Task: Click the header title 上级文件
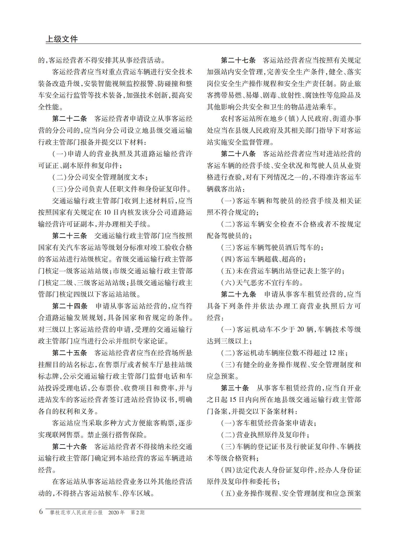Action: pos(62,39)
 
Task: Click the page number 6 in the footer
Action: pos(41,512)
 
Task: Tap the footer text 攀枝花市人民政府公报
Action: pos(76,512)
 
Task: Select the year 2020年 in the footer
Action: pos(116,512)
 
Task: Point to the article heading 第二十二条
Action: pos(69,119)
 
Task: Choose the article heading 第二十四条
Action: pos(70,306)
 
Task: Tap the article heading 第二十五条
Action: pos(69,353)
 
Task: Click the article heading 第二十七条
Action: pos(238,60)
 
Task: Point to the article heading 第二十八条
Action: pos(238,154)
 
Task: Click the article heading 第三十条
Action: pos(235,388)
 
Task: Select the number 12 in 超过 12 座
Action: pos(332,353)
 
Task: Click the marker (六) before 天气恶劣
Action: pos(228,283)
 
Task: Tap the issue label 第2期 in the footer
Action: pos(138,512)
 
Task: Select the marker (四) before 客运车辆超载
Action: pos(228,259)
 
